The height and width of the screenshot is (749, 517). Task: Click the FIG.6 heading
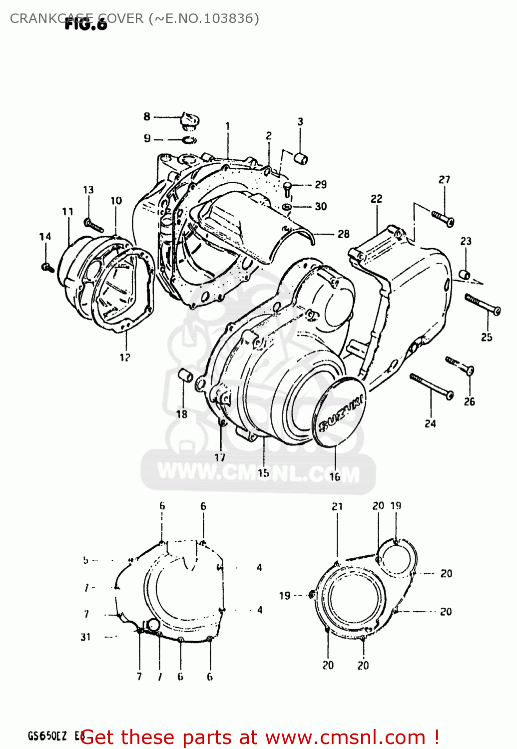pos(86,24)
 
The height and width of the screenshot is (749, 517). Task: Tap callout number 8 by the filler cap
pos(146,116)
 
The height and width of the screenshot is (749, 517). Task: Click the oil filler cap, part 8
pos(190,121)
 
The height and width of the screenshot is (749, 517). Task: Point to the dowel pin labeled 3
pos(301,158)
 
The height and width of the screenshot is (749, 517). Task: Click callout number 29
pos(321,184)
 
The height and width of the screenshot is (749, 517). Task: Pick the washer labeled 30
pos(287,206)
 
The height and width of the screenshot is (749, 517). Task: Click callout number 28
pos(343,234)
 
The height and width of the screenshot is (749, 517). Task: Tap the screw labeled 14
pos(47,268)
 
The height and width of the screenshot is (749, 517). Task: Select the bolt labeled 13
pos(93,225)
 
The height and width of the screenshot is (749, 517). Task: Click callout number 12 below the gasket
pos(125,357)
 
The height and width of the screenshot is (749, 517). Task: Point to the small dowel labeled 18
pos(185,375)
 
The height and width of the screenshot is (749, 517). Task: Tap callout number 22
pos(376,199)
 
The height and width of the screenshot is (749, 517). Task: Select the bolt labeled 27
pos(443,218)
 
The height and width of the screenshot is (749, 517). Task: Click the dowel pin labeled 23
pos(465,274)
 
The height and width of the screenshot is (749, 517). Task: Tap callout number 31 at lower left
pos(85,637)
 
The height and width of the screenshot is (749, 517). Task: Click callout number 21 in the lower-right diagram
pos(337,506)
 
